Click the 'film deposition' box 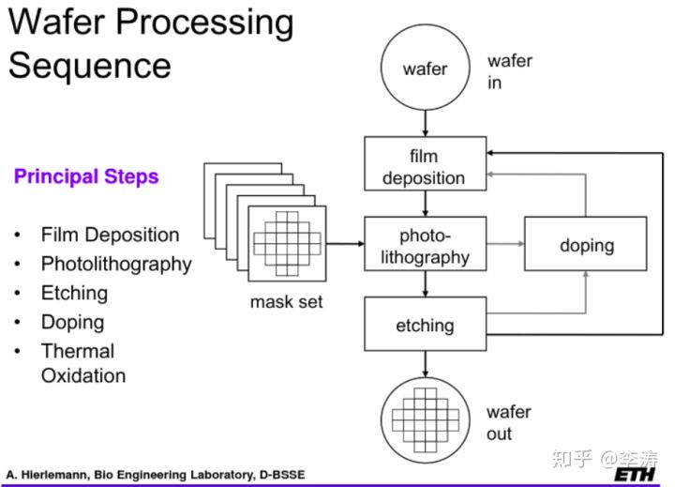[x=425, y=165]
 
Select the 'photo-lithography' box [x=425, y=244]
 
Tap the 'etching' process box [x=425, y=325]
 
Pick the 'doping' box [x=586, y=245]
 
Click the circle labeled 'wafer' [x=425, y=68]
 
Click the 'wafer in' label [x=509, y=71]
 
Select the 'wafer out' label [x=508, y=422]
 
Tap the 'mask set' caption [x=286, y=302]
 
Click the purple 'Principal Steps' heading [x=86, y=176]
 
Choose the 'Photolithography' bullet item [x=115, y=264]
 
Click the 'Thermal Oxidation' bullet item [x=82, y=363]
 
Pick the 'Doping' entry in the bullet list [x=72, y=322]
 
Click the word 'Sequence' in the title [x=90, y=65]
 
